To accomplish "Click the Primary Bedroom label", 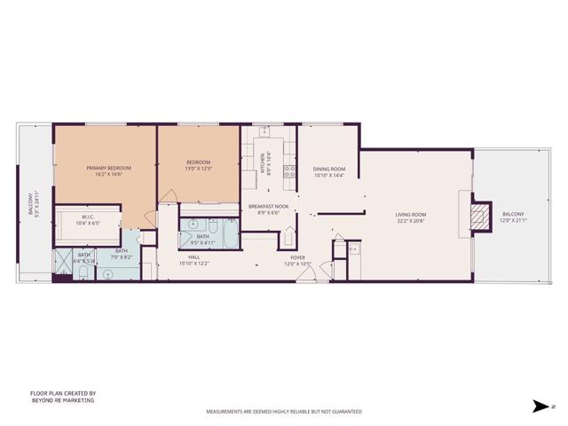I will [108, 167].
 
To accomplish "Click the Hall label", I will [193, 256].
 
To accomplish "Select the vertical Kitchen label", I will [263, 162].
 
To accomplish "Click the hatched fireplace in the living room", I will [479, 216].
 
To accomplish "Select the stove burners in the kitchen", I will [288, 171].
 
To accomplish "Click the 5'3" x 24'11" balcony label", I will [33, 206].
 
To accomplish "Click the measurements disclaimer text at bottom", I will [283, 412].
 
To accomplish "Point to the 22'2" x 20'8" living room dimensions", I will [411, 220].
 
